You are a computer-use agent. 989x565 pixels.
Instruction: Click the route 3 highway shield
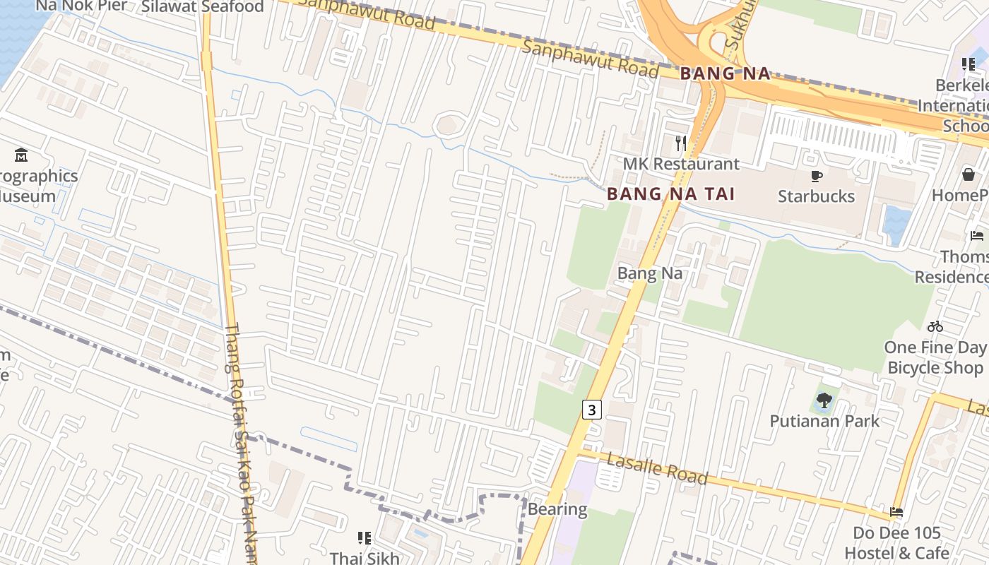[592, 409]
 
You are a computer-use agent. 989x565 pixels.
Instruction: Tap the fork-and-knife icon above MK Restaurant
[681, 143]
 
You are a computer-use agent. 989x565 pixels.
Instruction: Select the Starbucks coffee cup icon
[817, 176]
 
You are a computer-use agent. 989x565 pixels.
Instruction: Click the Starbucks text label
[816, 196]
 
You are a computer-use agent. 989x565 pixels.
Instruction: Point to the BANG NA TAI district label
[670, 194]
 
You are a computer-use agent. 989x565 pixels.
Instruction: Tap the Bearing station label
[557, 509]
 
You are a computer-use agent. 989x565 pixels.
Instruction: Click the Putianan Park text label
[824, 422]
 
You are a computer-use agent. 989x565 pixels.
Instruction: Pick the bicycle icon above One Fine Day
[935, 326]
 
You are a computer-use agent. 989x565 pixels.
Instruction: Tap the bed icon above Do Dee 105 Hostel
[896, 512]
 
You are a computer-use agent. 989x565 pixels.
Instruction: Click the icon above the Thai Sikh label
[365, 538]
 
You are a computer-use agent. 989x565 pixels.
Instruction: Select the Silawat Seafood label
[202, 7]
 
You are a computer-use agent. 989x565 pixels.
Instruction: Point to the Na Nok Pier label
[82, 6]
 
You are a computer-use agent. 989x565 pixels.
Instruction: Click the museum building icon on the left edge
[21, 155]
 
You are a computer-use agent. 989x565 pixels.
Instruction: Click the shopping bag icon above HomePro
[969, 174]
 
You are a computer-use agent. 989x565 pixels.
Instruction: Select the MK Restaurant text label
[681, 164]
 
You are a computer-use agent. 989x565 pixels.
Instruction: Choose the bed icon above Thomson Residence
[977, 236]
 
